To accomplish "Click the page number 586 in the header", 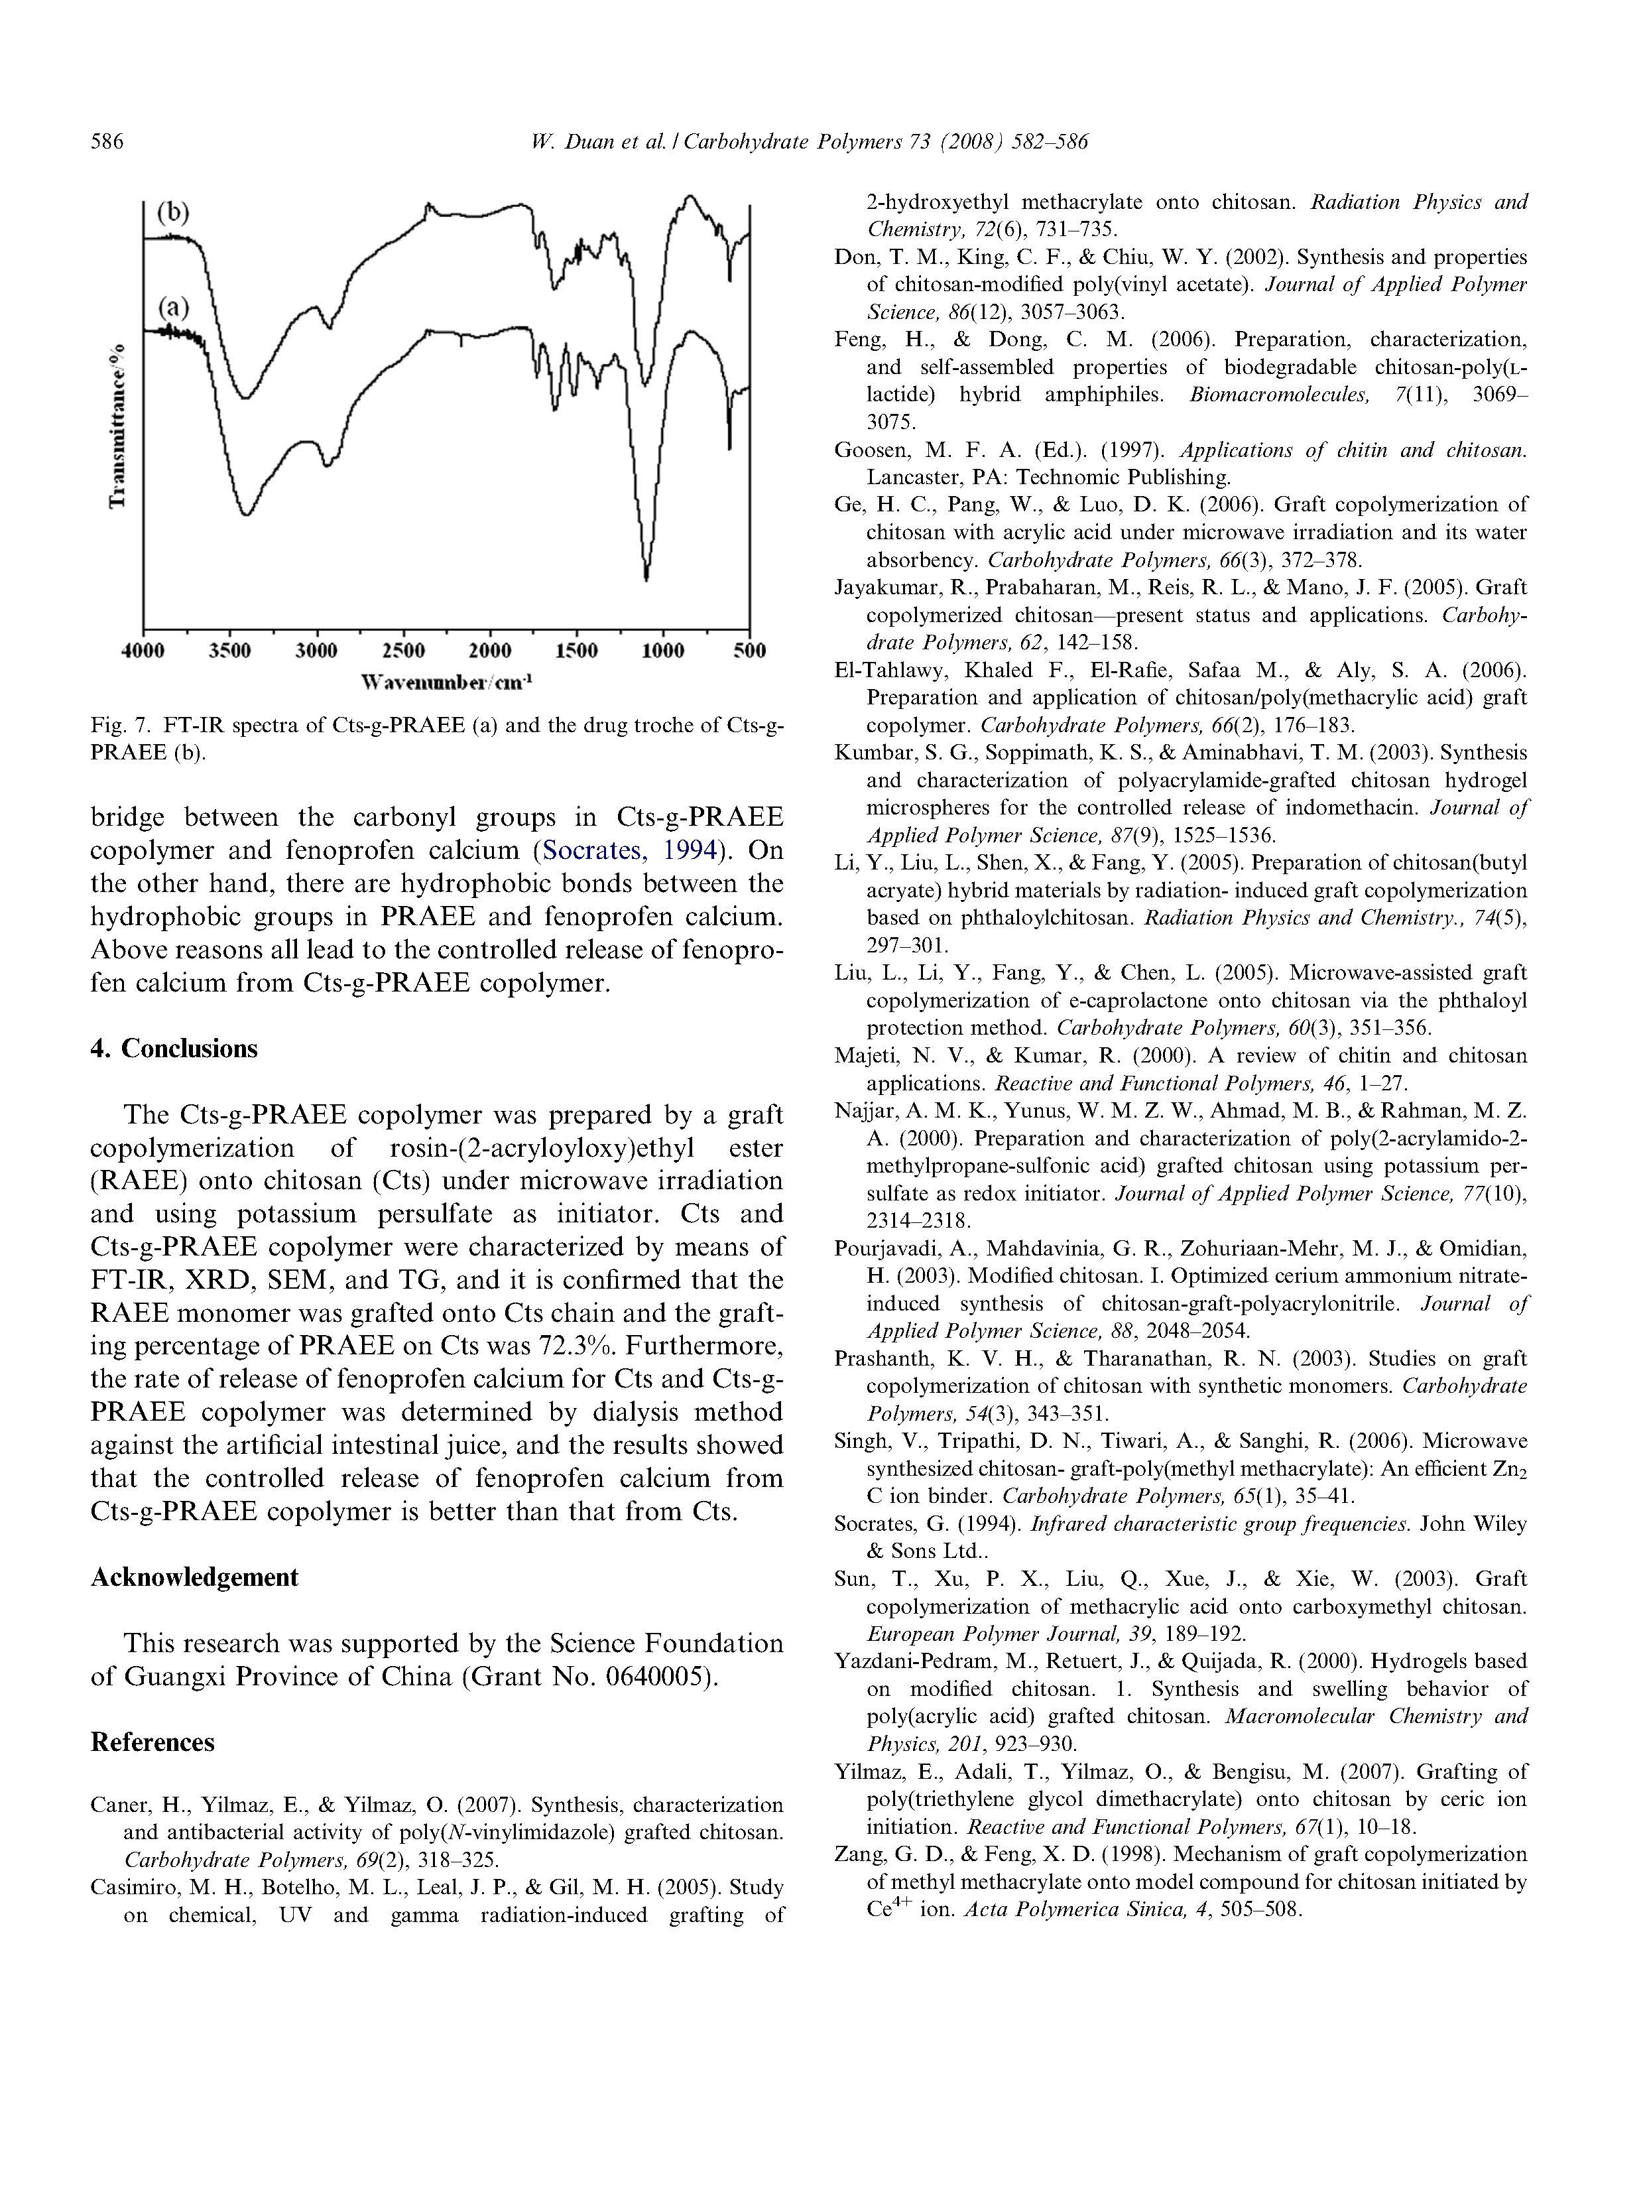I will tap(107, 142).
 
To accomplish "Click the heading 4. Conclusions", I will tap(174, 1049).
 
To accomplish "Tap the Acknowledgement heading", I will tap(194, 1577).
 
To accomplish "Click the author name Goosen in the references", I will tap(870, 450).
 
